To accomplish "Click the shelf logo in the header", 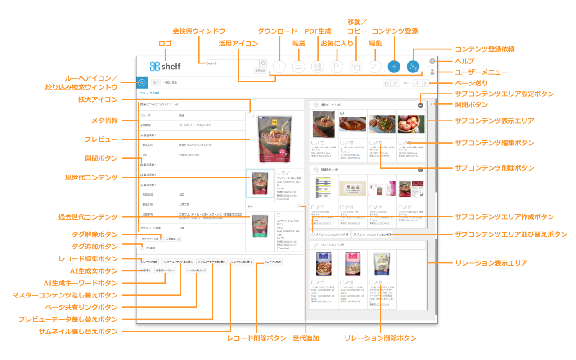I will (165, 66).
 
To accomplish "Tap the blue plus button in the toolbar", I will (394, 67).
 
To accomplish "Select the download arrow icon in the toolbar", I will (279, 67).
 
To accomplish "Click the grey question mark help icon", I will (432, 61).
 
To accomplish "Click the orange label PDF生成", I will (318, 31).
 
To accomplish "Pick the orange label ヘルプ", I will (464, 61).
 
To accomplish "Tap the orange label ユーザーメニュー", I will (481, 72).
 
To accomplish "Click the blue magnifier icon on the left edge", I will (142, 83).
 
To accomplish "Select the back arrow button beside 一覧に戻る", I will (156, 83).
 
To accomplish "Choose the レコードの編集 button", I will (149, 261).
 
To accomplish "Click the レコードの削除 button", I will (273, 261).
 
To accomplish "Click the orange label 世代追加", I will (306, 338).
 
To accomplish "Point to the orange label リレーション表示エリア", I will (491, 263).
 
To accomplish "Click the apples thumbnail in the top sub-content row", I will (410, 124).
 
